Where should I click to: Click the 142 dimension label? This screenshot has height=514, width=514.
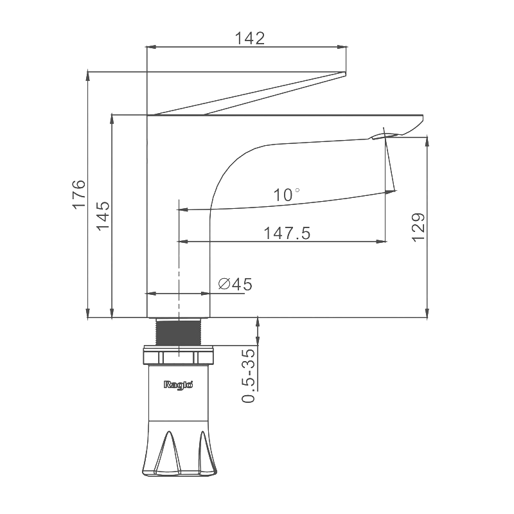point(249,39)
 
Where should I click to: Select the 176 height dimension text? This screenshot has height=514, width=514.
point(79,194)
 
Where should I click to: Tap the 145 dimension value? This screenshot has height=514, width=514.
point(103,216)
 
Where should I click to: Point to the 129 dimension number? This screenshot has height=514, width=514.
point(418,227)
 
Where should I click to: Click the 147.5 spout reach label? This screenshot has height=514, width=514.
point(287,233)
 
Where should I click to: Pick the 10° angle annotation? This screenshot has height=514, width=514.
point(287,195)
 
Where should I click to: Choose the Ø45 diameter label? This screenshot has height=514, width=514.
point(235,284)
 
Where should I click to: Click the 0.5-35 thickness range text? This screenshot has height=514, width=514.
point(248,376)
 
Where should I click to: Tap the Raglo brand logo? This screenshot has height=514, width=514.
point(179,384)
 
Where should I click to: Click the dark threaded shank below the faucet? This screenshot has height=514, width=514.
point(179,332)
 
